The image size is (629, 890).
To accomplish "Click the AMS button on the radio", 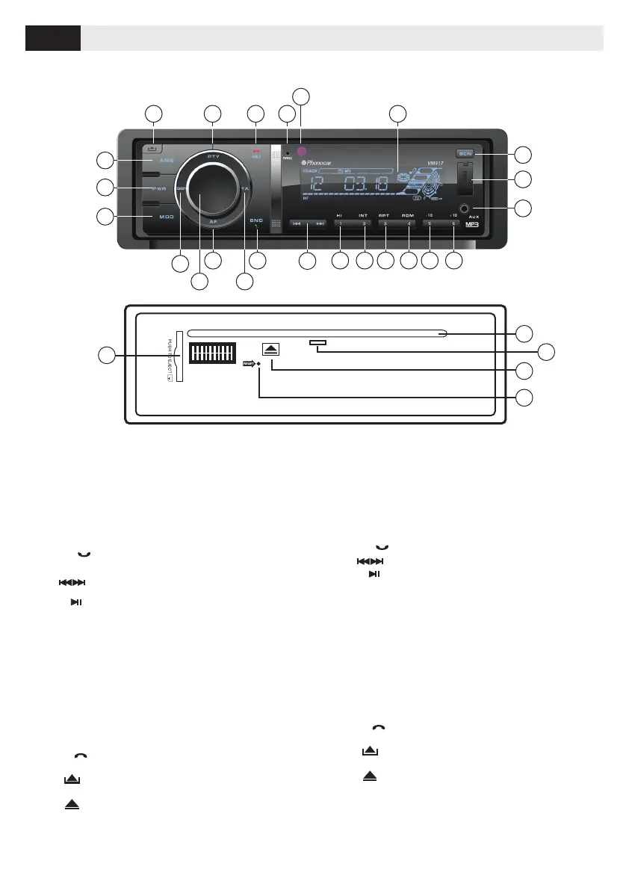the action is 165,160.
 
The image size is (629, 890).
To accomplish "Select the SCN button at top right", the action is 466,154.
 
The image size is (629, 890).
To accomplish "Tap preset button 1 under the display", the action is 340,223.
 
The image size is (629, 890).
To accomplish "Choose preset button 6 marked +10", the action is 453,223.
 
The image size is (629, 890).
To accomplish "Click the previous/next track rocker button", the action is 308,223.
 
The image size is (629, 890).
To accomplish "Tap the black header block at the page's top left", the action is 53,37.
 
